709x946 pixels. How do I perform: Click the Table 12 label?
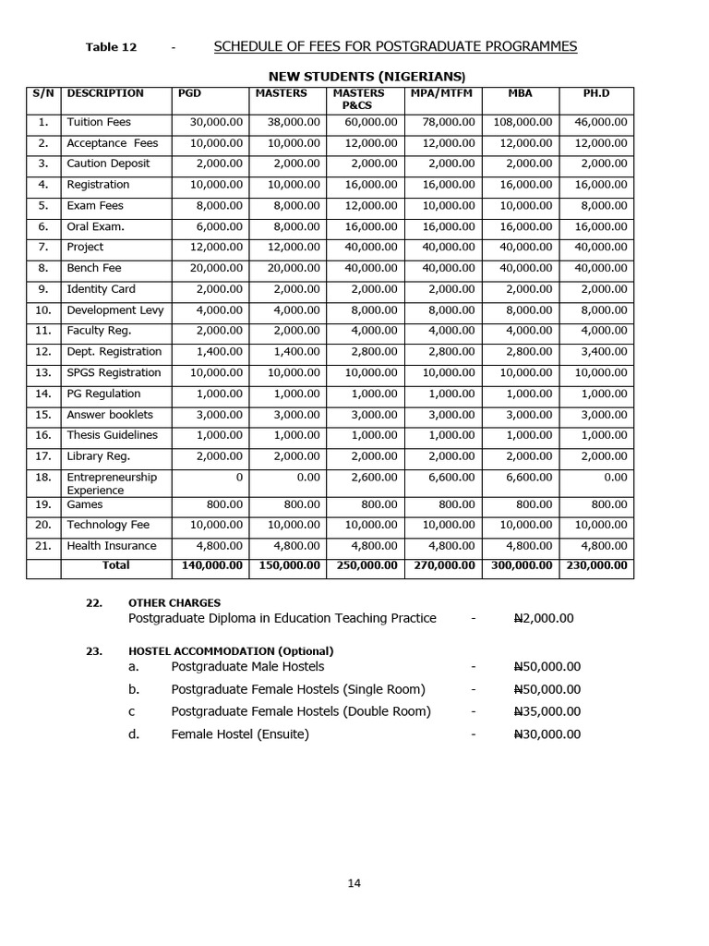tap(111, 48)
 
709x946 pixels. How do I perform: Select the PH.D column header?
tap(595, 93)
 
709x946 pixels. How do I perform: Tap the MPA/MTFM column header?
tap(442, 93)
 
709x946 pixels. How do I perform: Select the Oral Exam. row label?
tap(95, 226)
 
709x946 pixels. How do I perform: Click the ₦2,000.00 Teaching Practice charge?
tap(543, 618)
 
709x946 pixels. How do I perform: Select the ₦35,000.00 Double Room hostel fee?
tap(547, 712)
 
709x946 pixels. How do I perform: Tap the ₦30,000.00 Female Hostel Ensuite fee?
tap(547, 734)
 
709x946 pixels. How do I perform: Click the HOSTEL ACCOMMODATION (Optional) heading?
tap(231, 651)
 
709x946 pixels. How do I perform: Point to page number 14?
tap(354, 883)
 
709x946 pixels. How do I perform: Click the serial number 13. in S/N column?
tap(43, 373)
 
